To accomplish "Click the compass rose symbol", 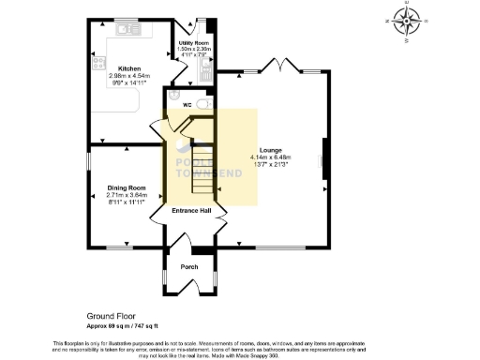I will tap(407, 21).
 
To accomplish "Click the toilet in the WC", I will tap(204, 105).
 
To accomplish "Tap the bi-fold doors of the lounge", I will tap(277, 68).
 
